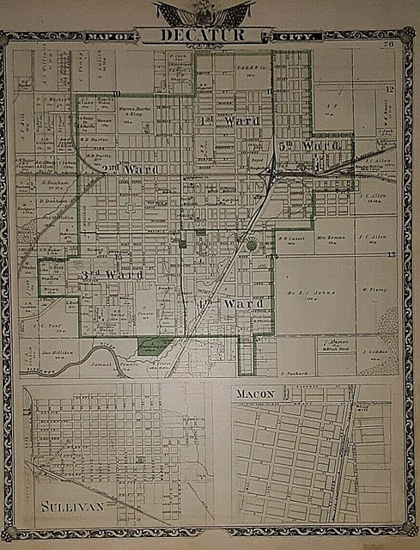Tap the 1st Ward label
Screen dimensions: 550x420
click(229, 121)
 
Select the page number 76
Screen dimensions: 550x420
click(389, 33)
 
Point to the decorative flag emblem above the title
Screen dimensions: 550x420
click(204, 12)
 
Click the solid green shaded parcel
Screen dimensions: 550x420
click(154, 345)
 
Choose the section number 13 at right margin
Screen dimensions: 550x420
click(390, 254)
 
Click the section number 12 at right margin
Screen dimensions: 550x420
click(389, 89)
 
